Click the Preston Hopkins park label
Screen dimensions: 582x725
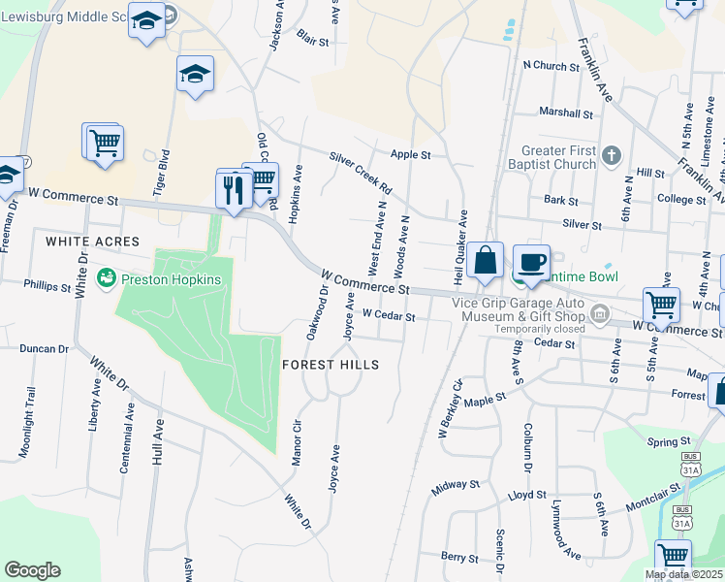[171, 279]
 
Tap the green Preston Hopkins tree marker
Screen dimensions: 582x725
[106, 279]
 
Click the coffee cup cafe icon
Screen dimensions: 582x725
[530, 262]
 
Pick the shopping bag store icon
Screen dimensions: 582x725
[486, 262]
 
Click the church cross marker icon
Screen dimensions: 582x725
[611, 154]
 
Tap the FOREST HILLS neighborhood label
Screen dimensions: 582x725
[330, 364]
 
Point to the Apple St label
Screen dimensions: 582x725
[410, 154]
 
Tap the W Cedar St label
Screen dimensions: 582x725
[389, 316]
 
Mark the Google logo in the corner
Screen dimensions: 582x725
[32, 570]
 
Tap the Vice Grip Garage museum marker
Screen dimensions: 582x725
[600, 312]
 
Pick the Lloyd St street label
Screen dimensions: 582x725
[527, 495]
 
